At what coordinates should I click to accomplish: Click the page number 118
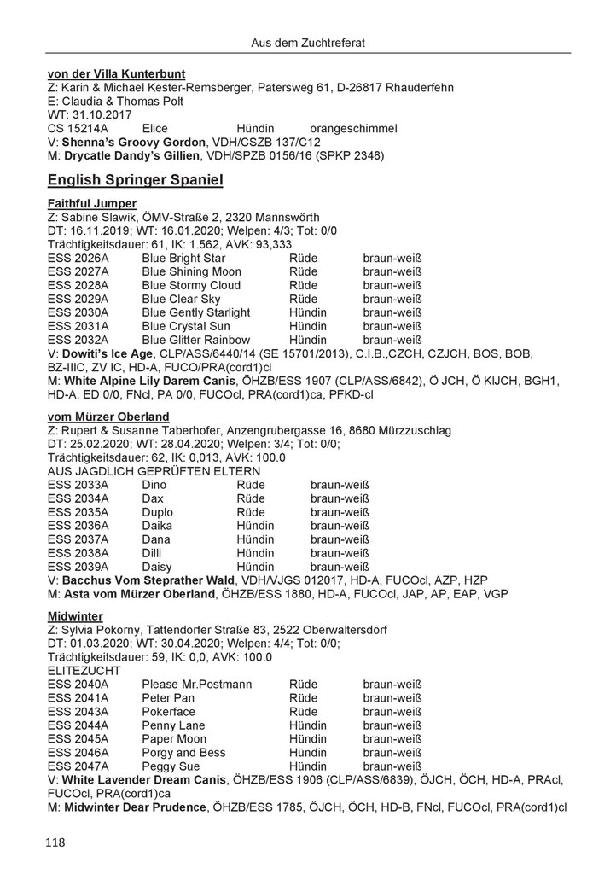(57, 842)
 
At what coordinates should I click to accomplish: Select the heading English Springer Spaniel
(136, 180)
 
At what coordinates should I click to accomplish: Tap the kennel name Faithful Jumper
(92, 203)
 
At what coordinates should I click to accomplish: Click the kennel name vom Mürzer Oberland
(108, 416)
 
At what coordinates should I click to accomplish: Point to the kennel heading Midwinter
(76, 615)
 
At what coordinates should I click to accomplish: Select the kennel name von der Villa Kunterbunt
(117, 73)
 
